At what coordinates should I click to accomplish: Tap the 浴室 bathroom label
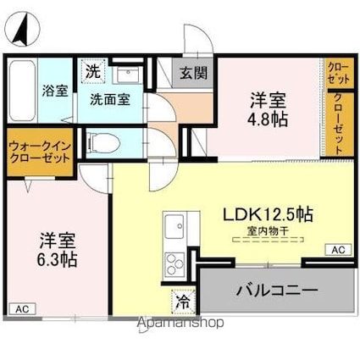click(x=56, y=91)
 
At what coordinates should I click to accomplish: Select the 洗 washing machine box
click(x=91, y=72)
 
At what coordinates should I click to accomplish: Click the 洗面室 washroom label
click(x=110, y=98)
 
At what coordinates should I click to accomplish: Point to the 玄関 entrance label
click(x=188, y=73)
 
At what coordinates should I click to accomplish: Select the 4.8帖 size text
click(x=267, y=119)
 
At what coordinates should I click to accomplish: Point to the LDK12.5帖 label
click(x=269, y=214)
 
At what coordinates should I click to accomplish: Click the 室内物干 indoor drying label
click(x=269, y=230)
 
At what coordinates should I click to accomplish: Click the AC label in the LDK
click(x=337, y=249)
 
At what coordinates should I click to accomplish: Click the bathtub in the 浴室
click(x=21, y=91)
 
